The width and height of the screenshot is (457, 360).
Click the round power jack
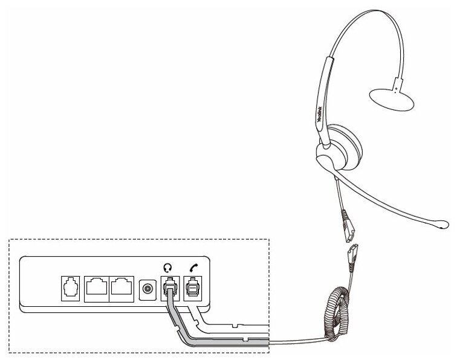(146, 289)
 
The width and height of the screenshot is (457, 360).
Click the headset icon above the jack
(168, 266)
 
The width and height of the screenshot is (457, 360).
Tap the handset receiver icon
(193, 266)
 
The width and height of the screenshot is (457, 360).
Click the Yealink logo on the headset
(321, 112)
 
